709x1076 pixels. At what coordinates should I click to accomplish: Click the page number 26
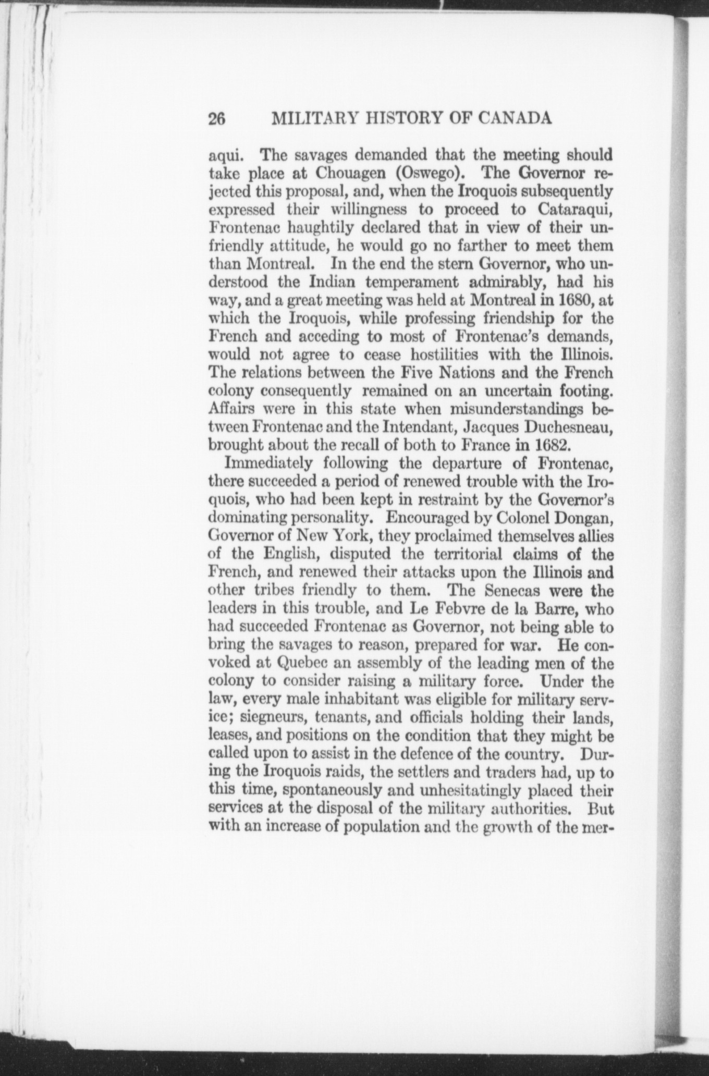pos(216,119)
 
